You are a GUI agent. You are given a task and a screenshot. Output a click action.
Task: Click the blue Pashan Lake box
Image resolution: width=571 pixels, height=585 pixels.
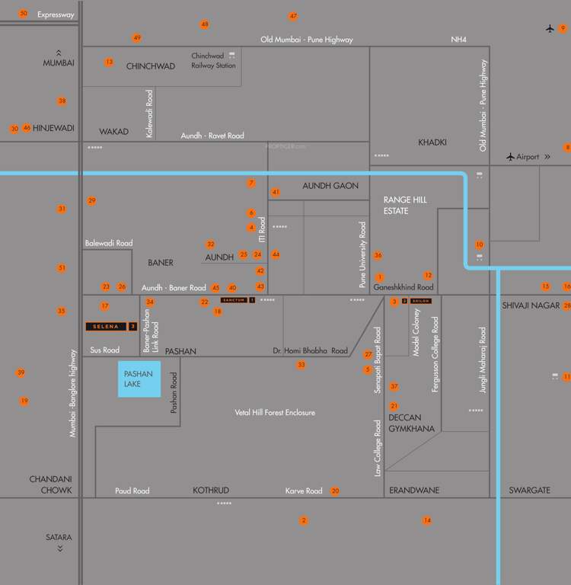[139, 379]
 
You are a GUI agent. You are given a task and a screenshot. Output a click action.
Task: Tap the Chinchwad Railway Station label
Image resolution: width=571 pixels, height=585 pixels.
[213, 61]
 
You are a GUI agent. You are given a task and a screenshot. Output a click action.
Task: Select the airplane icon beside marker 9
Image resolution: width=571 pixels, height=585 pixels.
[550, 29]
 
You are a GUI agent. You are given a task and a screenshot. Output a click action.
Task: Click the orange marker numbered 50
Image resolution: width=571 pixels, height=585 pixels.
[24, 14]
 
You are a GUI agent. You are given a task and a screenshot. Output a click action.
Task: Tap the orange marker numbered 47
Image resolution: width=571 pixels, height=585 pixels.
[293, 16]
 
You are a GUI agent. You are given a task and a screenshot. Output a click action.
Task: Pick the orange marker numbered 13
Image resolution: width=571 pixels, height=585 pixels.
[109, 62]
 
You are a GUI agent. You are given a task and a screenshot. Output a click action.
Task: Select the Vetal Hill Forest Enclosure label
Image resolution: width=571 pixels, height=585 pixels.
[275, 413]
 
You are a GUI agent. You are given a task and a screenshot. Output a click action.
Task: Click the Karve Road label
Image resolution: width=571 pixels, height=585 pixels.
[304, 491]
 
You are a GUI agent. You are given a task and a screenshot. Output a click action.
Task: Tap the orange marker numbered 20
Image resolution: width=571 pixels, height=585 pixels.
[335, 491]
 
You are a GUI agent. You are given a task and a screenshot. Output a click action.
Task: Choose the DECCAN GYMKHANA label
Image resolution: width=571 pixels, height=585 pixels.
[411, 424]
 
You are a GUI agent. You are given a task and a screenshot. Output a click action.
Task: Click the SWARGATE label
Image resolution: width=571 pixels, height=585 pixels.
[529, 491]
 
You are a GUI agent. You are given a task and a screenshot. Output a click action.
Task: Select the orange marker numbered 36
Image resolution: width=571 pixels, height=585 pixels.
[378, 255]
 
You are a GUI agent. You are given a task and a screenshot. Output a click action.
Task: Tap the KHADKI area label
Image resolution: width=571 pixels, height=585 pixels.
[432, 142]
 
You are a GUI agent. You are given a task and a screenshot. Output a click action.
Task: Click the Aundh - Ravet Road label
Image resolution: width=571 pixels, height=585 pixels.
[212, 136]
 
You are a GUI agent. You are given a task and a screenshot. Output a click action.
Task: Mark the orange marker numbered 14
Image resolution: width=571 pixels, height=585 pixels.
[427, 520]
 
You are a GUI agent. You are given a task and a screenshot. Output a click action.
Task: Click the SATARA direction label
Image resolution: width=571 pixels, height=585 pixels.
[59, 538]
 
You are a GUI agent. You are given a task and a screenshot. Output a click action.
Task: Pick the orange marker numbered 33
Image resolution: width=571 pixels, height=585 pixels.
[301, 366]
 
